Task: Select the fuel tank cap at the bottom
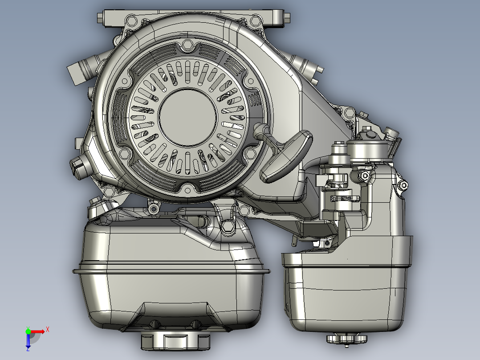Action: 175,341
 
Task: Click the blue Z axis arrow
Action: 28,341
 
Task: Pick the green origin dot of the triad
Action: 28,331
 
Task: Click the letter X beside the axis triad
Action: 48,329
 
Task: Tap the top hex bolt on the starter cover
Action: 187,45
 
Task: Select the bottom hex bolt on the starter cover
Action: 186,189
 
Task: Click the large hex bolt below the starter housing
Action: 228,226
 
